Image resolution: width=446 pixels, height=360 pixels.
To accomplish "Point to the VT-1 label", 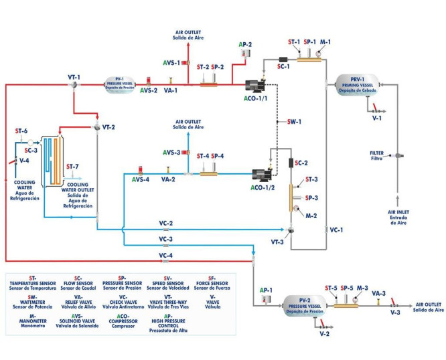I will coord(74,77).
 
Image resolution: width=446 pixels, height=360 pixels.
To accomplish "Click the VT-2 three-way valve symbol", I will coord(96,127).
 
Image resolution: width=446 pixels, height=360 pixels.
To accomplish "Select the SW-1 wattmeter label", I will coord(294,122).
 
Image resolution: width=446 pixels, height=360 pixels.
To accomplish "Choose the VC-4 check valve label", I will coord(166,254).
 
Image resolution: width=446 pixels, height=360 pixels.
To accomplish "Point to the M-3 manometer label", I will coord(362,288).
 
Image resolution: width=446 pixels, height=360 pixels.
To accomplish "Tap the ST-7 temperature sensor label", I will coord(72,165).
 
